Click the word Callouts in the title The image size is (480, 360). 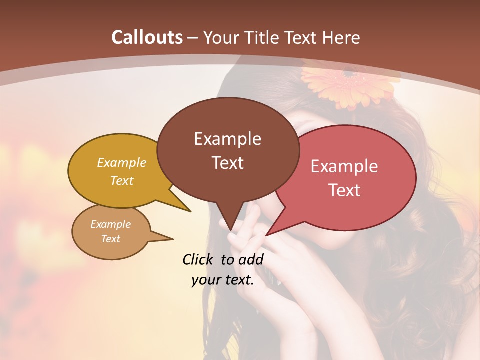point(147,37)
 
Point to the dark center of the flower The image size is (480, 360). point(348,73)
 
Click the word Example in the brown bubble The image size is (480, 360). point(227,139)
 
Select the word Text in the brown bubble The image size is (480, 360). point(227,163)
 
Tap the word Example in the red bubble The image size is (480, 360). point(344,166)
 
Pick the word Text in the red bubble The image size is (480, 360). point(344,190)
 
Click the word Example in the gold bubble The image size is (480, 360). point(122,163)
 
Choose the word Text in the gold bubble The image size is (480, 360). point(122,180)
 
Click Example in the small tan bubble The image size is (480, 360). point(110,224)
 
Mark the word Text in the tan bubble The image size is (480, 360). point(110,239)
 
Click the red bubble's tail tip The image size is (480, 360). point(266,235)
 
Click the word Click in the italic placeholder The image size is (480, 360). point(199,259)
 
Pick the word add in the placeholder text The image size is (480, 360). point(250,259)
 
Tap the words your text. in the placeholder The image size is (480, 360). point(223,280)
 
